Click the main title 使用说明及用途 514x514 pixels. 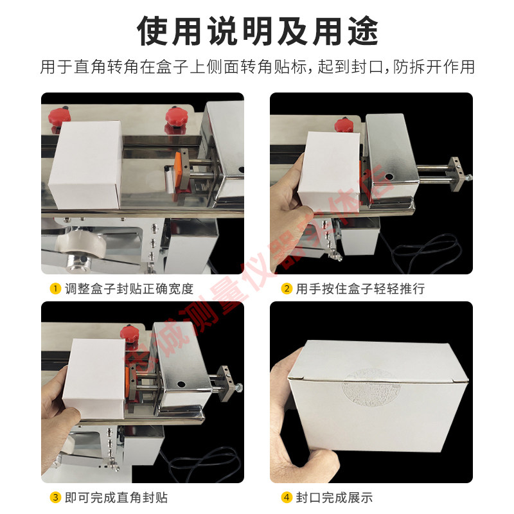pyautogui.click(x=257, y=30)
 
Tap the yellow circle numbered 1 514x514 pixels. pyautogui.click(x=55, y=288)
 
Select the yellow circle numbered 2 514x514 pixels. pyautogui.click(x=287, y=288)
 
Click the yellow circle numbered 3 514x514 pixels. pyautogui.click(x=55, y=497)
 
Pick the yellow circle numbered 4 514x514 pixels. pyautogui.click(x=287, y=497)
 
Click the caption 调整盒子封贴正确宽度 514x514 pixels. pyautogui.click(x=128, y=288)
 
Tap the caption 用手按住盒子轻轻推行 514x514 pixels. pyautogui.click(x=360, y=288)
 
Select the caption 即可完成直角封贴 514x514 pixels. pyautogui.click(x=116, y=497)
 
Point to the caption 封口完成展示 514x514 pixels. pyautogui.click(x=334, y=497)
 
